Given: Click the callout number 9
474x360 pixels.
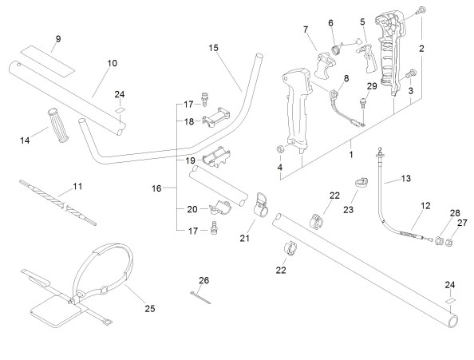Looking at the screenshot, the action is pos(58,38).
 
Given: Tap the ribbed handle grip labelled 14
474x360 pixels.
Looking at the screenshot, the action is pos(58,125).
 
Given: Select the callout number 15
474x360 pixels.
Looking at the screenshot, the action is pos(213,48).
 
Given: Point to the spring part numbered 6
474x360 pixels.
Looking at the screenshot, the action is pos(336,49).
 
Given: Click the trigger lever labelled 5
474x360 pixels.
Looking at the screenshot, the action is pos(369,57).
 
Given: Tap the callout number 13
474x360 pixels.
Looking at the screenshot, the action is pos(406,178).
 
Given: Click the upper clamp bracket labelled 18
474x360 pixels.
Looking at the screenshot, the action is pos(216,117).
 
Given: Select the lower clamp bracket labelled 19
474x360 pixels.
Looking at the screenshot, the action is pos(216,157).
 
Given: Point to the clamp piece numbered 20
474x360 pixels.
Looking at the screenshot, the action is pos(220,207).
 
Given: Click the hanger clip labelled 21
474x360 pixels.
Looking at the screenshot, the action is pos(260,204).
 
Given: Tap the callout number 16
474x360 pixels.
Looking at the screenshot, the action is pos(156,188).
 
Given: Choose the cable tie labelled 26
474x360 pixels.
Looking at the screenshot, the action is pos(200,298).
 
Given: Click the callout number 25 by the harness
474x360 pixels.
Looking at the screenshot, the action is pos(150,309).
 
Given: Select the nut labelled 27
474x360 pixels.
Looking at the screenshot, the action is pos(449,243).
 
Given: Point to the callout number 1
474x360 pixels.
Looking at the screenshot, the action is pos(351,155).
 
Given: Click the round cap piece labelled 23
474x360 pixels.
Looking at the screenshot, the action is pos(361,183).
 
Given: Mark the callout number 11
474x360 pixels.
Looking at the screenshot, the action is pos(78,186).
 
